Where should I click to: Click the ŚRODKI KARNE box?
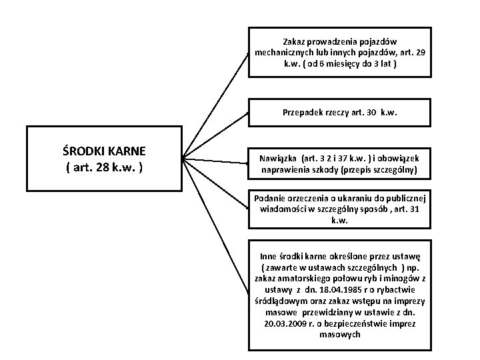[104, 159]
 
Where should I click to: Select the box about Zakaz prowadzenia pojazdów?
[339, 52]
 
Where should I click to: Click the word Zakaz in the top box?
[295, 41]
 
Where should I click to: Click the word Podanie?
[270, 197]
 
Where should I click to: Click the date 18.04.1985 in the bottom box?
[333, 290]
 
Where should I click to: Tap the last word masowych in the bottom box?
[339, 334]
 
